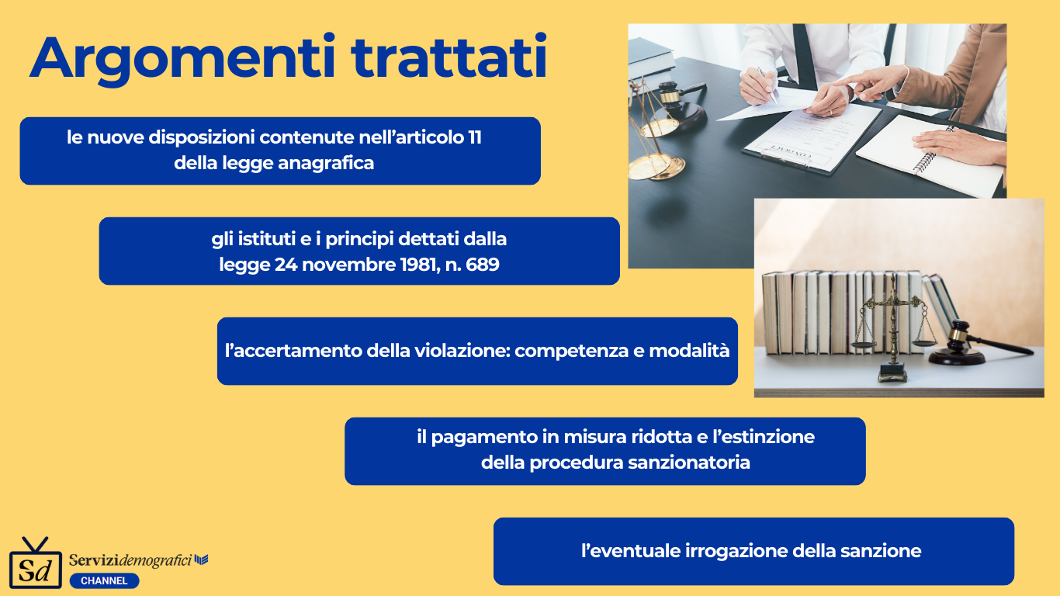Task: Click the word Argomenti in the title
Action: pos(182,59)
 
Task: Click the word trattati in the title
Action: pos(449,56)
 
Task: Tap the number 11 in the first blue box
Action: pos(475,137)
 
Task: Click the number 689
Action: pos(482,264)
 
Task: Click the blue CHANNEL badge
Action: pos(104,580)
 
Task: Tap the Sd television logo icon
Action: pos(36,563)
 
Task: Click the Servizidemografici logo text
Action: pos(138,560)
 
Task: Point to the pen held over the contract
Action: pos(767,85)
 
